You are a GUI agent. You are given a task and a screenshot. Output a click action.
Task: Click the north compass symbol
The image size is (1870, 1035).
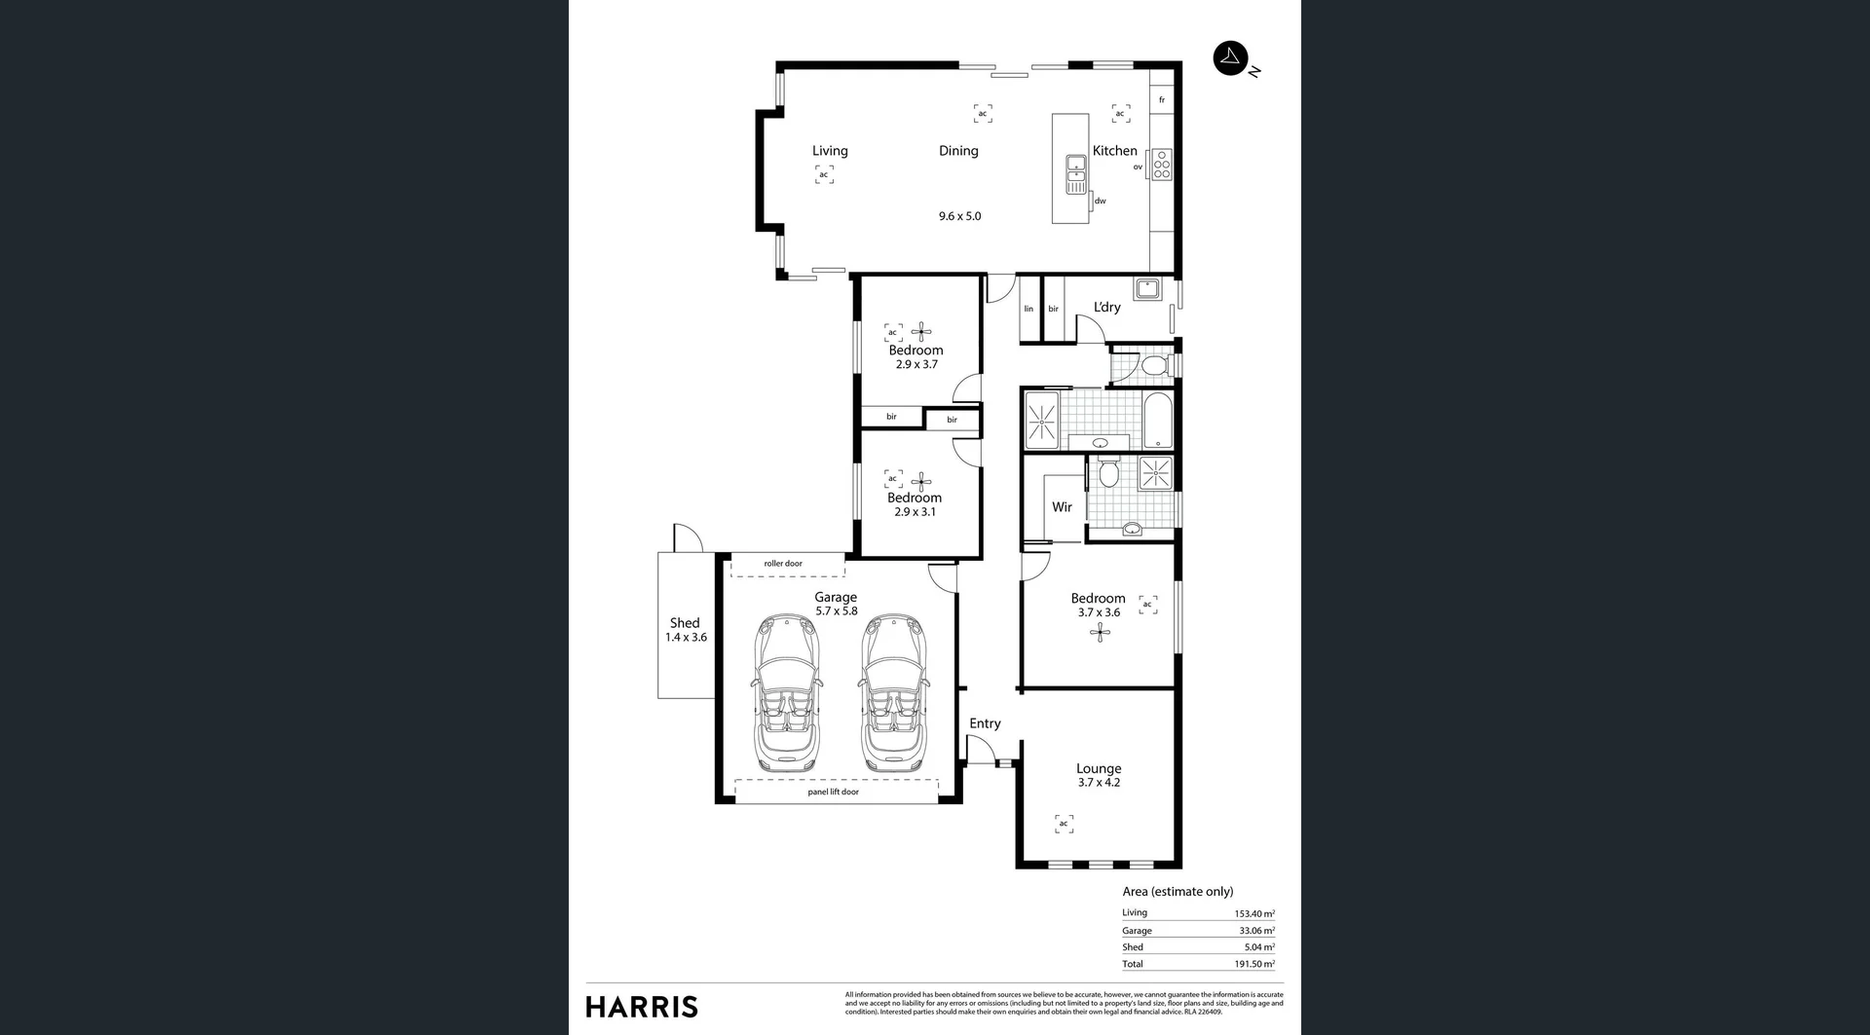coord(1230,57)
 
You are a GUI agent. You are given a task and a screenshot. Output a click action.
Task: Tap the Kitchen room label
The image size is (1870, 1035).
coord(1114,151)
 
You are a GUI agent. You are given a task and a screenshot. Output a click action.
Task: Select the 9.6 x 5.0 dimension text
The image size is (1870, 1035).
coord(959,216)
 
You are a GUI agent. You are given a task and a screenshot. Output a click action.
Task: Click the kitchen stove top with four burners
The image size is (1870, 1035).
coord(1161,166)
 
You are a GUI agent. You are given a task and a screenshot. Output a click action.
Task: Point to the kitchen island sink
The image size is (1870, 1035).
coord(1075,173)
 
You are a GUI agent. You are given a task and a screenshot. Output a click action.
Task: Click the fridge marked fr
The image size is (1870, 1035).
coord(1161,99)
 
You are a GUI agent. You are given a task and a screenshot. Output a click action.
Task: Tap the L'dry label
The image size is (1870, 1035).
coord(1106,307)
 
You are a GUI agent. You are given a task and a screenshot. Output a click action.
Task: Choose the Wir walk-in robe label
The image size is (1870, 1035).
coord(1062,507)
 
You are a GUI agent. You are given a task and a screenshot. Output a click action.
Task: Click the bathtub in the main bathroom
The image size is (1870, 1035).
coord(1158,420)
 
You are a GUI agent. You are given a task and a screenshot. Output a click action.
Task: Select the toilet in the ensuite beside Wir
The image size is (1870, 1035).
coord(1107,473)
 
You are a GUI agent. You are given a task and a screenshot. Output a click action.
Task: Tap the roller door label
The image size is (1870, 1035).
coord(783,564)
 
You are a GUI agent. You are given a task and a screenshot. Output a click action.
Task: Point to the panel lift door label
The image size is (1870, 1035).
coord(833,792)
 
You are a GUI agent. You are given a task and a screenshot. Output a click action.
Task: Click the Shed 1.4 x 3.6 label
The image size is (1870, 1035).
coord(686,630)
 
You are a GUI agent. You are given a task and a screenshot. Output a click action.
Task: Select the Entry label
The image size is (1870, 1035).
coord(985,723)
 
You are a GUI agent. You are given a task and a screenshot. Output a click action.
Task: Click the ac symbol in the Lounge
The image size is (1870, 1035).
coord(1064,824)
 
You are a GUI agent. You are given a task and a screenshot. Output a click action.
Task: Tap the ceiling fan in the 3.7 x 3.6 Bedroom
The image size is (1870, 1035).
coord(1100,633)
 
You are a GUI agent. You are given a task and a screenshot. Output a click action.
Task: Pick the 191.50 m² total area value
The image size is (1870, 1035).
coord(1253,964)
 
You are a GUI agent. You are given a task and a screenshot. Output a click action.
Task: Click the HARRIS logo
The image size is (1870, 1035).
coord(642,1007)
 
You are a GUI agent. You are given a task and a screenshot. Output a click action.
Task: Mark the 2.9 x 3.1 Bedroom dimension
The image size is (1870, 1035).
coord(915,512)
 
